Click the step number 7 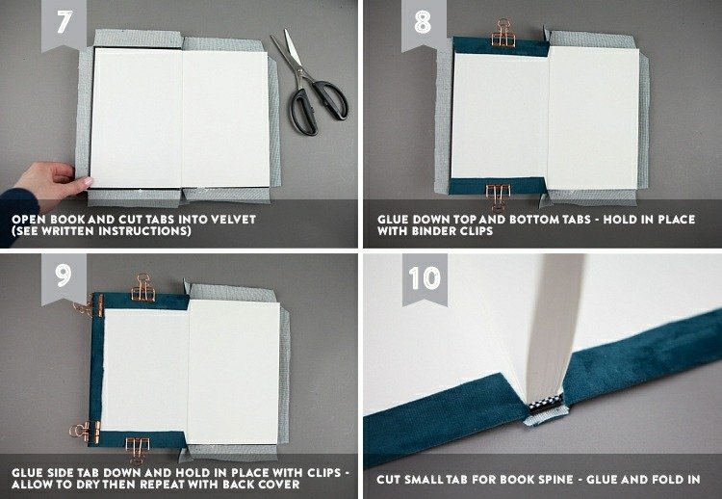[64, 21]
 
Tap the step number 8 [423, 21]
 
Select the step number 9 [64, 276]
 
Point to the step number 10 [425, 277]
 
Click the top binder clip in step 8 [503, 33]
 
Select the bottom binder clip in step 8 [499, 196]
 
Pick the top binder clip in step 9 [143, 288]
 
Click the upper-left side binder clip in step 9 [90, 305]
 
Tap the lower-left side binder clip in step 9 [86, 433]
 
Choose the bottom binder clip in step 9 [138, 449]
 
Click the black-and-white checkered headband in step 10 [546, 404]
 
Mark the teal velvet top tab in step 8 [501, 47]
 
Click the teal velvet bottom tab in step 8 [498, 186]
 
